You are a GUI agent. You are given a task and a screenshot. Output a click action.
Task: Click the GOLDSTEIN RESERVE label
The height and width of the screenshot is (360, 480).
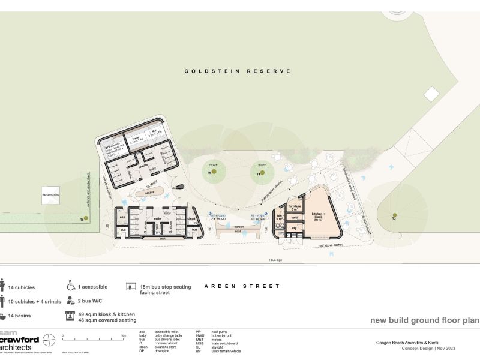point(238,71)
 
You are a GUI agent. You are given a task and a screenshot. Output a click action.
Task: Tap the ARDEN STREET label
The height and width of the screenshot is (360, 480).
point(242,286)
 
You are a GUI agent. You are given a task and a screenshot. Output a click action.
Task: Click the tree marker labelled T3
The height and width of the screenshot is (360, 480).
point(394,215)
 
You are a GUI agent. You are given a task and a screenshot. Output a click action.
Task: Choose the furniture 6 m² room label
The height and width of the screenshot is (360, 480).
point(294,208)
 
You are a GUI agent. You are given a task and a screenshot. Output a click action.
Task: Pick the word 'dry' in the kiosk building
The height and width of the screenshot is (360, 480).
point(295,229)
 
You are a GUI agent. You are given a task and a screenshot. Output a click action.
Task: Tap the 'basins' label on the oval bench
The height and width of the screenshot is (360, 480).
point(150,193)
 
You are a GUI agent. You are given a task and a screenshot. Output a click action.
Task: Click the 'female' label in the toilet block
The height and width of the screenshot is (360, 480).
point(143,166)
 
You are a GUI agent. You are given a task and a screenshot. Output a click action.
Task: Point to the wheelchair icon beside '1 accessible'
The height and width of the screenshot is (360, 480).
point(71,285)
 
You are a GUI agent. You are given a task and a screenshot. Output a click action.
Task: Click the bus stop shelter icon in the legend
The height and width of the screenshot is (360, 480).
point(130,287)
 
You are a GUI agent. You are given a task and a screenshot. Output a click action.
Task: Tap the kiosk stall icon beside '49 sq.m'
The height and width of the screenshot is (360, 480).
point(71,315)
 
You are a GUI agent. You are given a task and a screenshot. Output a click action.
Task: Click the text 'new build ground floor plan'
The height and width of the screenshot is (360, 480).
point(424,320)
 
